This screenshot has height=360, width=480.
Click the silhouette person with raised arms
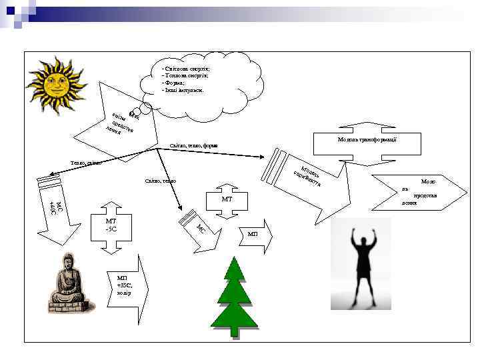pyautogui.click(x=362, y=267)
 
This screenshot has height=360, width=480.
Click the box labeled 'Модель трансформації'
pyautogui.click(x=371, y=141)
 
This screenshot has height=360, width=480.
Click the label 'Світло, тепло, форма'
pyautogui.click(x=194, y=145)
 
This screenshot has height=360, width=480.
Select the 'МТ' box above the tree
pyautogui.click(x=227, y=199)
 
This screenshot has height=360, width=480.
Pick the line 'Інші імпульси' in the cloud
pyautogui.click(x=183, y=90)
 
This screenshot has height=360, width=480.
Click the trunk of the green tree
pyautogui.click(x=234, y=331)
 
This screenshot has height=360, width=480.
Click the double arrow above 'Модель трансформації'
pyautogui.click(x=371, y=127)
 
